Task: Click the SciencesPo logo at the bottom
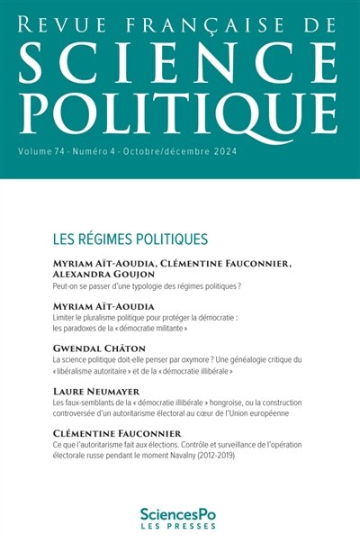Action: tap(179, 509)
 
